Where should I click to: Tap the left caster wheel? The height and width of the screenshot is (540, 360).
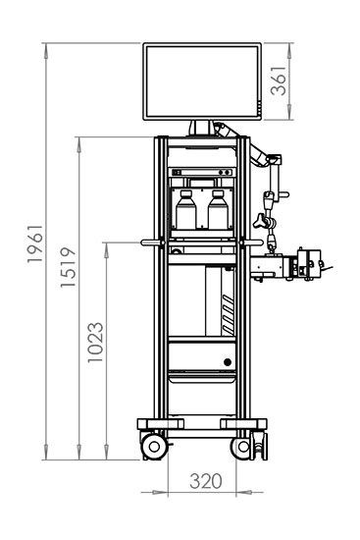(153, 448)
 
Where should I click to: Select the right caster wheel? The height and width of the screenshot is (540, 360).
(242, 448)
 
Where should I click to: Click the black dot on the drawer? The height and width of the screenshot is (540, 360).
(228, 361)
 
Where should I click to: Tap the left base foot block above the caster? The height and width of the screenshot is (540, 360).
(155, 423)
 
